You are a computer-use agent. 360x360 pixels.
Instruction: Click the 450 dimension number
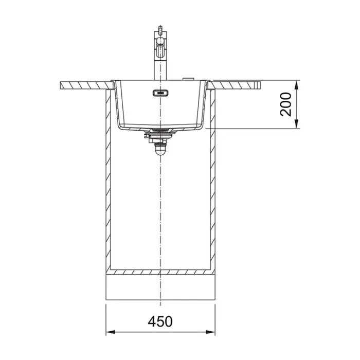pyautogui.click(x=160, y=321)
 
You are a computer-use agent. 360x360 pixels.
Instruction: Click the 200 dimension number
pyautogui.click(x=285, y=104)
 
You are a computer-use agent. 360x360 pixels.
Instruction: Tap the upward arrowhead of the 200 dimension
pyautogui.click(x=297, y=85)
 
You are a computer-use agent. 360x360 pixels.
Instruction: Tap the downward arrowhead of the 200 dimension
pyautogui.click(x=297, y=124)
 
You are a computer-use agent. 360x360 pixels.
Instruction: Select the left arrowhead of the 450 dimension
pyautogui.click(x=111, y=332)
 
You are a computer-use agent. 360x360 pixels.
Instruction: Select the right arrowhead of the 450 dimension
pyautogui.click(x=210, y=332)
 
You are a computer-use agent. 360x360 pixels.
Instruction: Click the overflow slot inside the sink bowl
pyautogui.click(x=160, y=93)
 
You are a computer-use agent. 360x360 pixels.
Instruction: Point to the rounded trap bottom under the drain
pyautogui.click(x=160, y=151)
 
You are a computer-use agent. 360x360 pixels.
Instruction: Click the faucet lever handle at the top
pyautogui.click(x=160, y=29)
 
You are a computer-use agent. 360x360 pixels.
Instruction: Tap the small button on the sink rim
pyautogui.click(x=188, y=79)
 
